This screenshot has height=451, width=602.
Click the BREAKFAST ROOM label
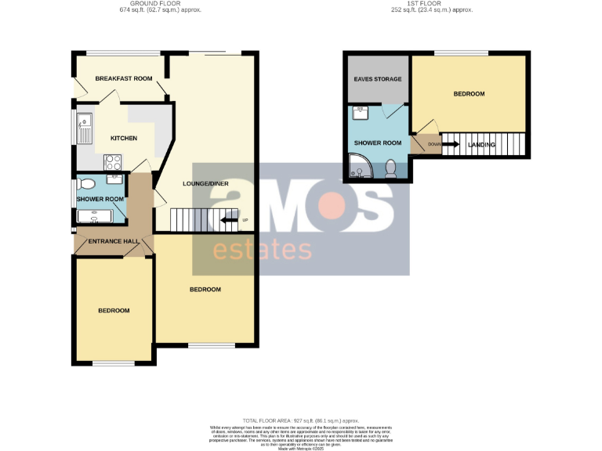(124, 79)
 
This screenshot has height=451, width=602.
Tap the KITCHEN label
(124, 139)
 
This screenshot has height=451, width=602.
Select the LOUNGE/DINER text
(205, 183)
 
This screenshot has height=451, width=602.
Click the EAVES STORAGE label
(378, 79)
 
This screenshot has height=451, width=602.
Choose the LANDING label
(481, 145)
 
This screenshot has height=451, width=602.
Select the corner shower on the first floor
(360, 167)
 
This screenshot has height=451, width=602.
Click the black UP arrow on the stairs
(228, 220)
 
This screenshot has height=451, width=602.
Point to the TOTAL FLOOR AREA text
(301, 420)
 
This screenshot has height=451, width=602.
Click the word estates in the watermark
(263, 249)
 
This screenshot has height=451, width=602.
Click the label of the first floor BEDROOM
(469, 94)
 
